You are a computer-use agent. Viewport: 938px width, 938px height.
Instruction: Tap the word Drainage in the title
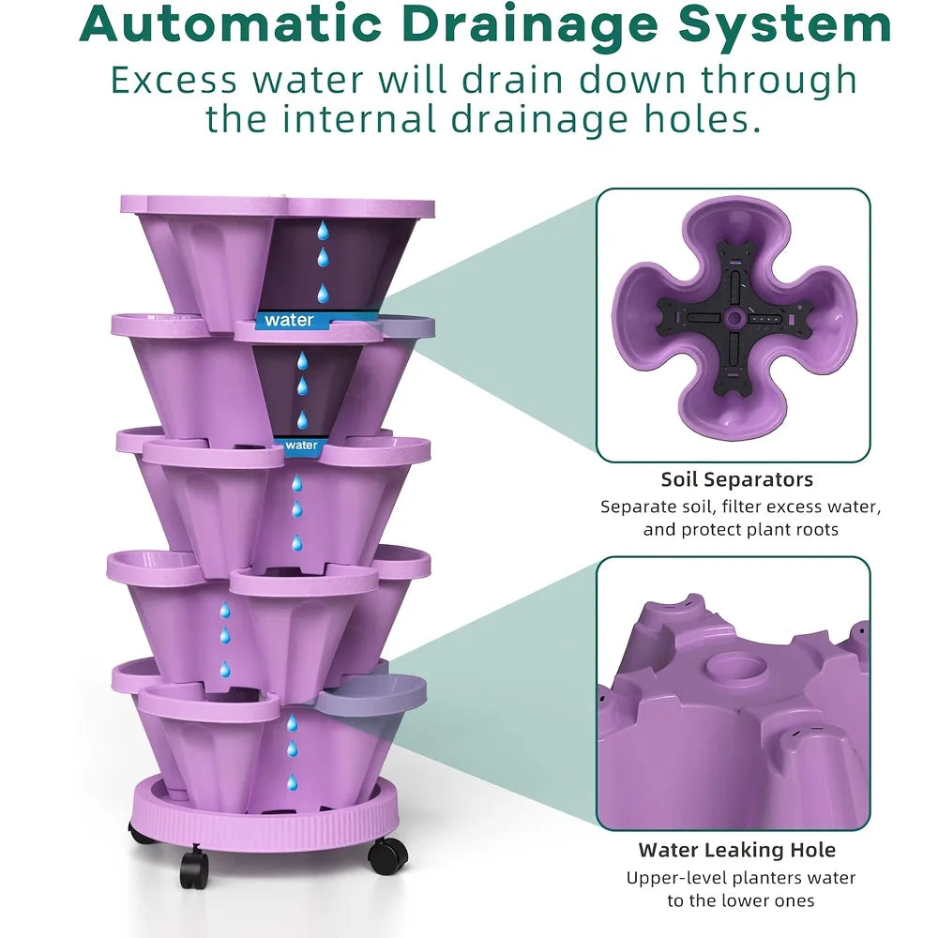(544, 26)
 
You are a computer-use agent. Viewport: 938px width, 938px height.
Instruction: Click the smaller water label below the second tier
(300, 445)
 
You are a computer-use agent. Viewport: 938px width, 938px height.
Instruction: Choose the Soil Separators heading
(736, 480)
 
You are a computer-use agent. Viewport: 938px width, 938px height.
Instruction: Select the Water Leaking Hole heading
(736, 851)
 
